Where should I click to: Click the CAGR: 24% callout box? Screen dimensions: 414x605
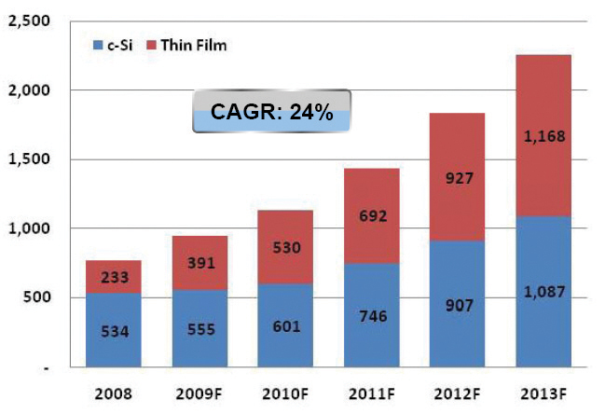(270, 113)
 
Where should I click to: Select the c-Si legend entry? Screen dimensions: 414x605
(113, 45)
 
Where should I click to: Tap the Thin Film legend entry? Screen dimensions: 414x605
(187, 45)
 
